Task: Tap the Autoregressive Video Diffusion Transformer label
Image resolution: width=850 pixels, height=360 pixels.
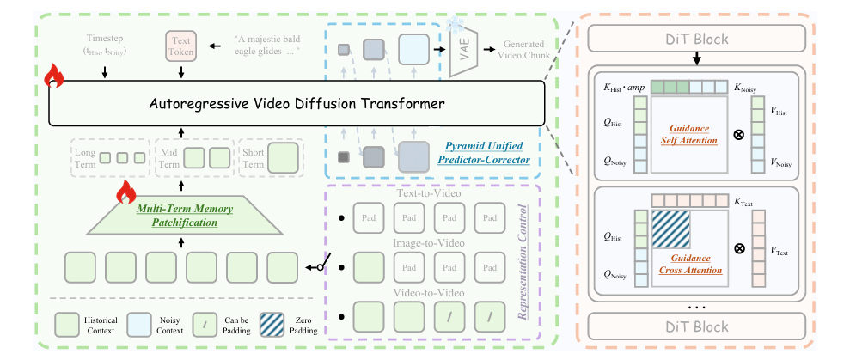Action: click(297, 105)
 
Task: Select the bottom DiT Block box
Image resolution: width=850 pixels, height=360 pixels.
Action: click(698, 326)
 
